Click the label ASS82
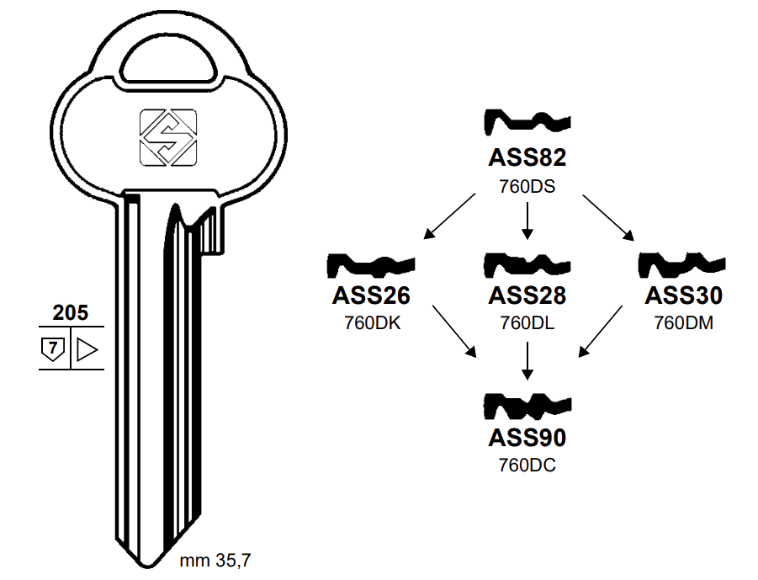click(x=527, y=158)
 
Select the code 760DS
click(x=527, y=186)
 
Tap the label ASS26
click(x=371, y=295)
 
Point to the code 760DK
click(x=371, y=322)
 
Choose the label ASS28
click(x=527, y=295)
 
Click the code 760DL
click(x=527, y=322)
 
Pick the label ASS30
click(x=683, y=295)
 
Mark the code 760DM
click(x=683, y=322)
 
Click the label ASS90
click(x=527, y=438)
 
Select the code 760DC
click(x=527, y=465)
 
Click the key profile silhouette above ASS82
click(x=527, y=124)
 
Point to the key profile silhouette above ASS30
click(x=681, y=265)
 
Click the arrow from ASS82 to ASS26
click(x=449, y=215)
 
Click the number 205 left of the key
click(x=70, y=313)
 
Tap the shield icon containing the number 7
click(x=53, y=349)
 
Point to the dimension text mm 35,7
click(x=215, y=559)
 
